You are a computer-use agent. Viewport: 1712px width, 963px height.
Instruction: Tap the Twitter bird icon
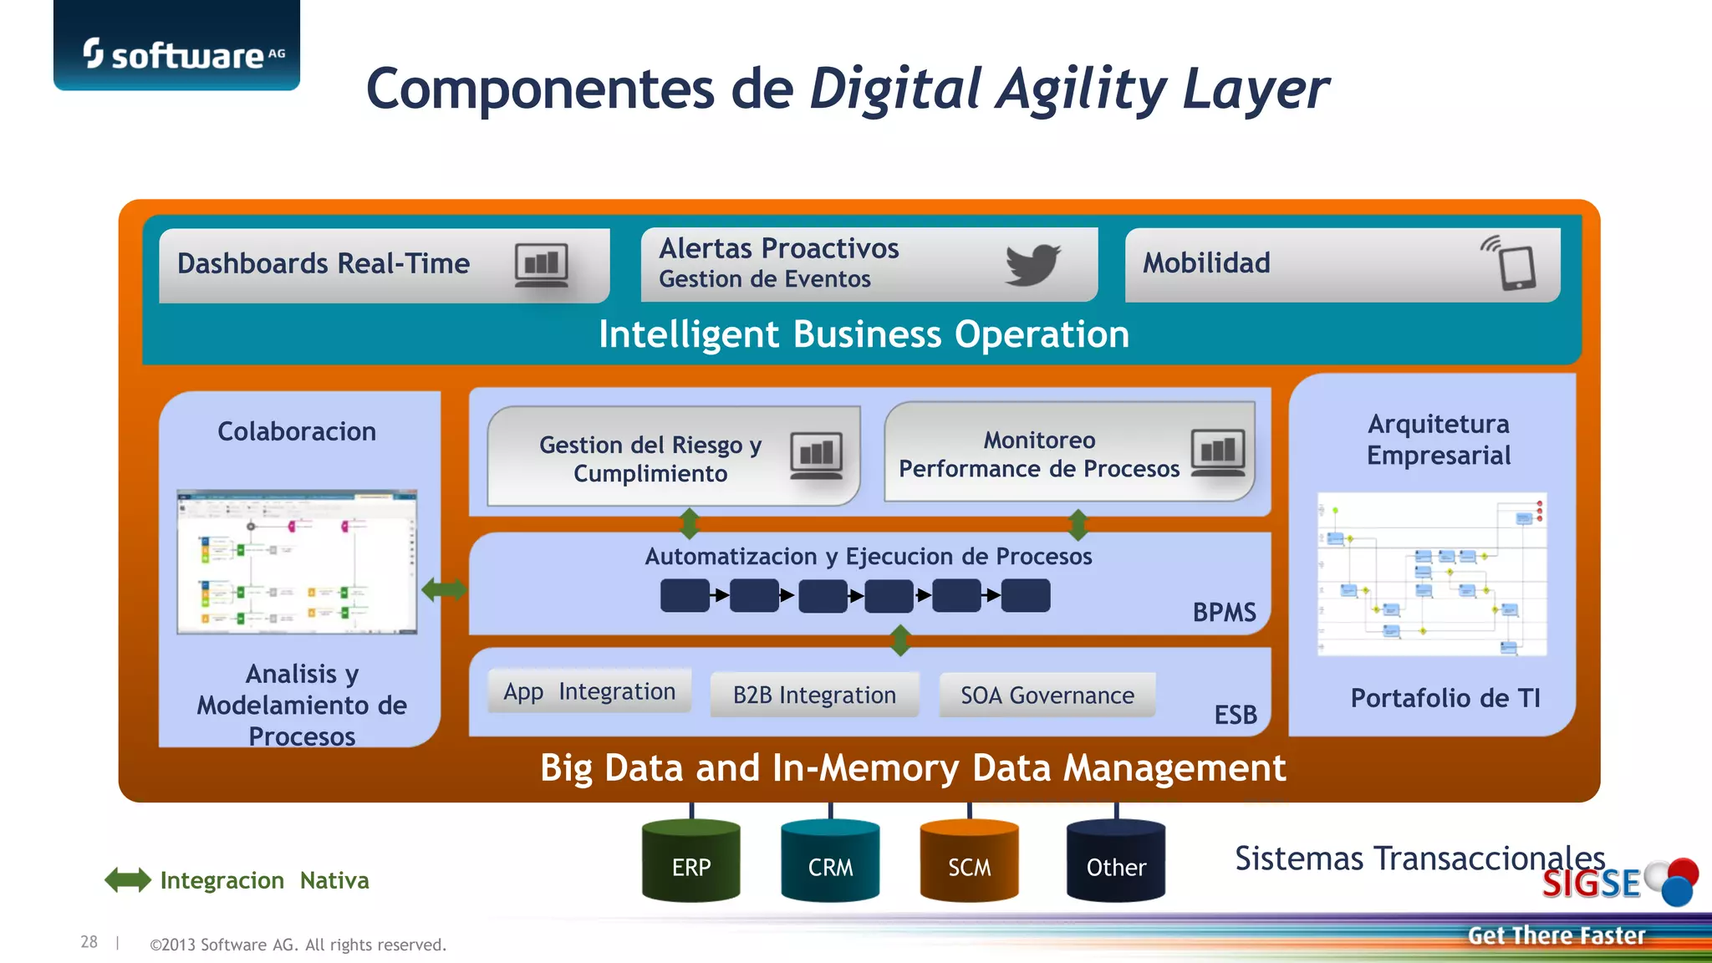[x=1032, y=264]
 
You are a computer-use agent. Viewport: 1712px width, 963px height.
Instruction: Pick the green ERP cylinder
[x=691, y=862]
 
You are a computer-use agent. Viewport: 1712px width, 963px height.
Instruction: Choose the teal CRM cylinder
[x=830, y=862]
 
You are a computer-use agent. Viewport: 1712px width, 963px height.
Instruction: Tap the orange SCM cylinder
[x=969, y=862]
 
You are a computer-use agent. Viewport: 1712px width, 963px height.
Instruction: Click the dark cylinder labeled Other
[x=1116, y=862]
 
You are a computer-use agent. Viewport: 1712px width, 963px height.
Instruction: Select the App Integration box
[x=589, y=691]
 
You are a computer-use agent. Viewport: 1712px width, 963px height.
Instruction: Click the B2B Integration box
[x=814, y=695]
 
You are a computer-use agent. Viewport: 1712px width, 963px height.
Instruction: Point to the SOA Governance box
[x=1047, y=695]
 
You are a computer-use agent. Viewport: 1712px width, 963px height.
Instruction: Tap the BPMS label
[x=1224, y=613]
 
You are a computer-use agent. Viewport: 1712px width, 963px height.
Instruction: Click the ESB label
[x=1236, y=715]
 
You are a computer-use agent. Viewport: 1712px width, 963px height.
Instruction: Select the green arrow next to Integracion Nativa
[x=128, y=879]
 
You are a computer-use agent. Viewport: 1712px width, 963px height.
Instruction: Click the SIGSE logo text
[x=1591, y=884]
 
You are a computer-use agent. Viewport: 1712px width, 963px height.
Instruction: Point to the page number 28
[x=89, y=942]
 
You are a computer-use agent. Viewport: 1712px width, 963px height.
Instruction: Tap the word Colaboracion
[x=297, y=431]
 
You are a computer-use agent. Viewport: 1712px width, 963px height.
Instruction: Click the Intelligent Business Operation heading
[x=864, y=334]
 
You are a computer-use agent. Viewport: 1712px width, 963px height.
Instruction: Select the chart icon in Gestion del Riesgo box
[x=816, y=456]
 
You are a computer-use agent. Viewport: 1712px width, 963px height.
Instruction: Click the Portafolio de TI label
[x=1445, y=698]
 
